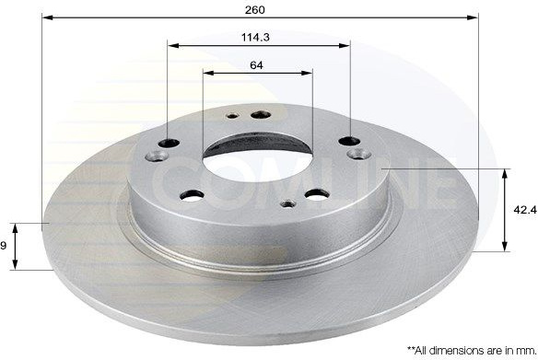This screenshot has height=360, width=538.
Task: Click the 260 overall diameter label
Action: (x=255, y=9)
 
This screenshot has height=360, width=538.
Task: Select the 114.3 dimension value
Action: (x=255, y=37)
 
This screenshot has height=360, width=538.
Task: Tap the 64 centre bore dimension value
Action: (x=256, y=64)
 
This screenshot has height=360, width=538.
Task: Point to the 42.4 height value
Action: (x=524, y=210)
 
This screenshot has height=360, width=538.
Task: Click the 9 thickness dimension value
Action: (x=3, y=246)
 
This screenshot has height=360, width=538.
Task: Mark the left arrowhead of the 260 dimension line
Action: (x=47, y=17)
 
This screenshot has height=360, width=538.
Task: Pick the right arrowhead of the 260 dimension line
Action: (x=473, y=17)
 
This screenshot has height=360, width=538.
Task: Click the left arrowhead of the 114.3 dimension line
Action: (x=173, y=45)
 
